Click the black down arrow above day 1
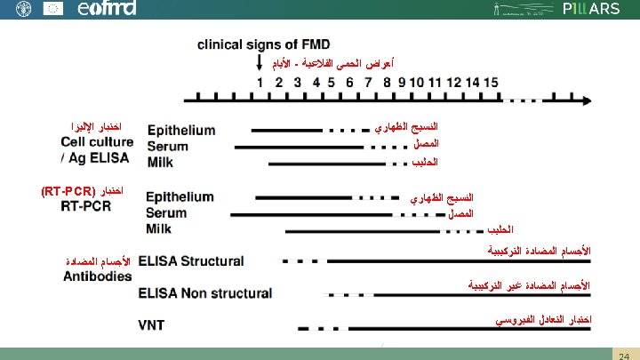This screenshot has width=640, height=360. coord(259,65)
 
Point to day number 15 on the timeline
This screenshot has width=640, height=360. coord(491,83)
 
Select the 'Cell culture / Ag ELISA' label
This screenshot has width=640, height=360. coord(96,149)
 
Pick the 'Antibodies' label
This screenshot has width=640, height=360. coord(97,276)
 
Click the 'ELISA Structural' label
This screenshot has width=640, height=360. coord(190,261)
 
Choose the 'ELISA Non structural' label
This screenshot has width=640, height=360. coord(204,292)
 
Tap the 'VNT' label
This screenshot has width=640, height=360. coord(150,325)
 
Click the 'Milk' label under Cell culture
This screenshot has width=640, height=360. coord(160,163)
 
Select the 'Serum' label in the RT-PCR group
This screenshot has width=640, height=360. coord(167,213)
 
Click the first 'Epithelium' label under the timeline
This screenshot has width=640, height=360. coord(180,130)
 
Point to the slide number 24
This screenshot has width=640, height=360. coord(623,354)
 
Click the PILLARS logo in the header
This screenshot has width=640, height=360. coord(591,9)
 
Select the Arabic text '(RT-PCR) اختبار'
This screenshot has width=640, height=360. coord(82,190)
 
